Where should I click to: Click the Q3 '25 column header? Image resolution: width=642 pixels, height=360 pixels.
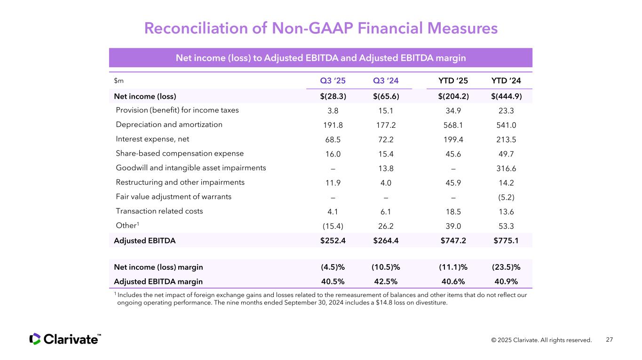coord(333,80)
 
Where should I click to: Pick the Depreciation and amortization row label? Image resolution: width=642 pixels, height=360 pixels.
coord(169,125)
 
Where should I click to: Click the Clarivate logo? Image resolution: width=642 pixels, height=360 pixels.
coord(65,339)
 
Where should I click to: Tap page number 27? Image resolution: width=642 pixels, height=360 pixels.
coord(610,340)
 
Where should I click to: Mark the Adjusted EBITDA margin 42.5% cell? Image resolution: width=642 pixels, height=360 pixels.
coord(386,282)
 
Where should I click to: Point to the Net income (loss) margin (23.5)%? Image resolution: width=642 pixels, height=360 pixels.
coord(506,267)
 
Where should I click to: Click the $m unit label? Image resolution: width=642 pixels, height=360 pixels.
coord(119,81)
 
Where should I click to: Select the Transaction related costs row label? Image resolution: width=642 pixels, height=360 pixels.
coord(159,211)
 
